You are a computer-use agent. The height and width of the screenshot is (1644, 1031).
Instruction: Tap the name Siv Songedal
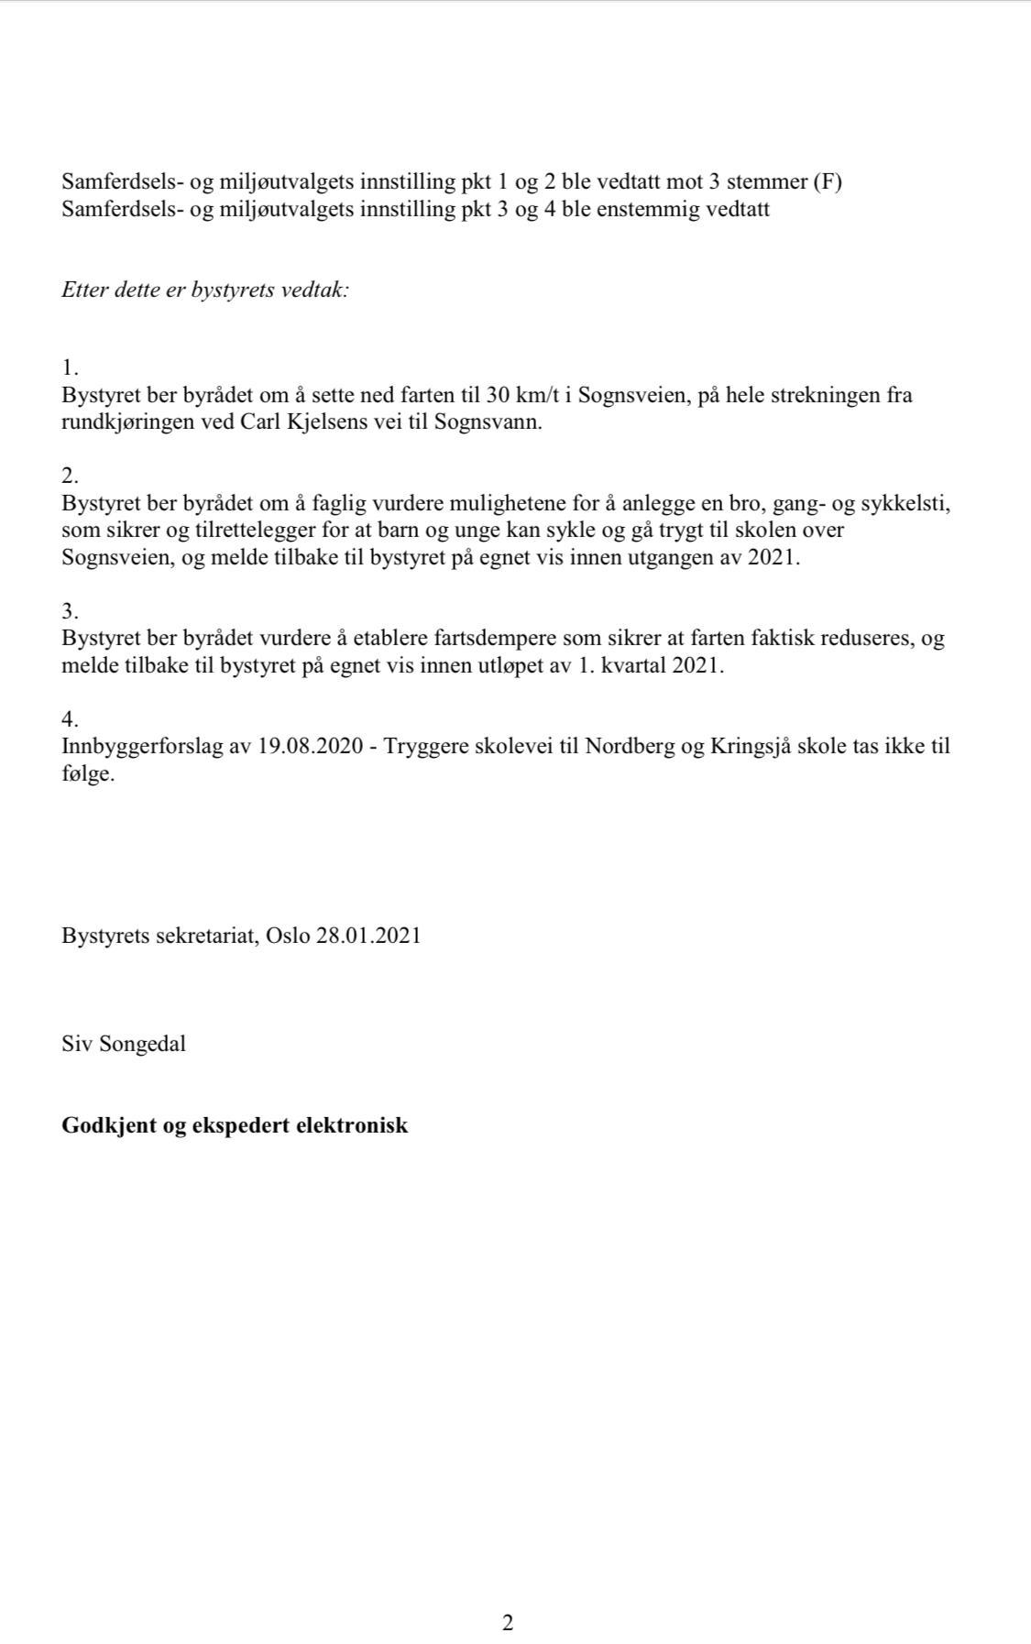(124, 1044)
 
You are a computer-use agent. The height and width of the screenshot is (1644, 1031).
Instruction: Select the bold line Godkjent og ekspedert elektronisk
(235, 1125)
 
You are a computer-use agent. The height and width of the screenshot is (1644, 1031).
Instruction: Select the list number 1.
(70, 368)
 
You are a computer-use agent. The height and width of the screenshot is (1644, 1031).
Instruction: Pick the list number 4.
(71, 718)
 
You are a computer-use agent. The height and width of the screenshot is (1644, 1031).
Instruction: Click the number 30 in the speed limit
(496, 396)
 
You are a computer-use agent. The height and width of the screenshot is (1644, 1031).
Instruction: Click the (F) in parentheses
(828, 181)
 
